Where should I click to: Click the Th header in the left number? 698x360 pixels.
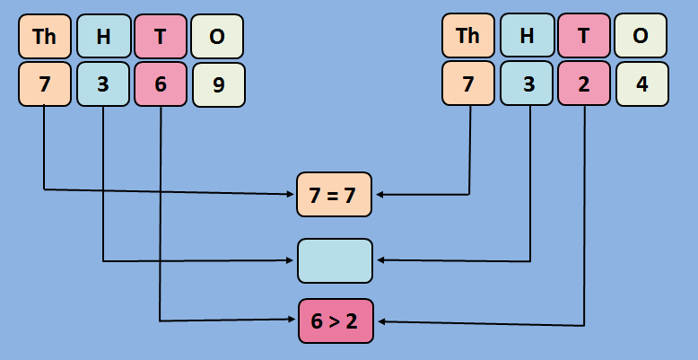tap(44, 36)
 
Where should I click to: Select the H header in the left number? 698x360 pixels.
tap(103, 36)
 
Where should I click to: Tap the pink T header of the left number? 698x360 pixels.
tap(161, 36)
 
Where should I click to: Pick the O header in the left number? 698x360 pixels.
tap(217, 36)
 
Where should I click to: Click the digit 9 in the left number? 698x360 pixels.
tap(218, 84)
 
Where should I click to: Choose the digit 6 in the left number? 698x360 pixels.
tap(161, 84)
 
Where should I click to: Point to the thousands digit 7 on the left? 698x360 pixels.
tap(44, 84)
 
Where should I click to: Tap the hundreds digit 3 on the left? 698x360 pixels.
tap(103, 84)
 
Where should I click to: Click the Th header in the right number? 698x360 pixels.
tap(468, 36)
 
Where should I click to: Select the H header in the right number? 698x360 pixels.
tap(527, 36)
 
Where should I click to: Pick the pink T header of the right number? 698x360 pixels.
tap(584, 36)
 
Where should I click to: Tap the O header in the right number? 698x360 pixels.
tap(641, 36)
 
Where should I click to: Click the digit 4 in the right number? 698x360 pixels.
tap(641, 84)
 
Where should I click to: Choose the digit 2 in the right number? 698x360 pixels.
tap(584, 84)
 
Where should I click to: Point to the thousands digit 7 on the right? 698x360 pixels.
tap(468, 84)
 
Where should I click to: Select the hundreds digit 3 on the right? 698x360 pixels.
tap(527, 84)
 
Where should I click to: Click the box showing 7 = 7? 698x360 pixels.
tap(335, 195)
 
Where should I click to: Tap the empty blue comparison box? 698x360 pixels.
tap(335, 260)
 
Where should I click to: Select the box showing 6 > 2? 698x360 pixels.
tap(335, 321)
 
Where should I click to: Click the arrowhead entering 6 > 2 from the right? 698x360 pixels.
tap(380, 322)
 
